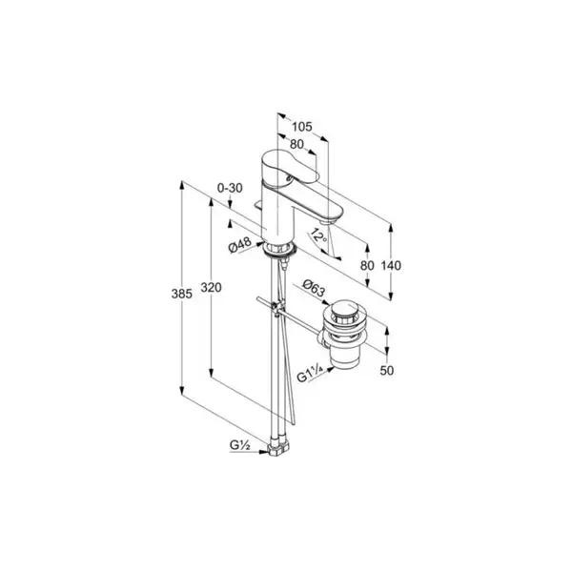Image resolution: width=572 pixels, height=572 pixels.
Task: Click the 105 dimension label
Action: pos(302,127)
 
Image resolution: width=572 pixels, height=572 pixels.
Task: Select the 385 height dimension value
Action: pos(182,294)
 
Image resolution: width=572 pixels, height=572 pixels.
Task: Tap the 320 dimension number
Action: pos(211,288)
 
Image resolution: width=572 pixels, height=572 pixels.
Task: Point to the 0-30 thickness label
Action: pos(230,188)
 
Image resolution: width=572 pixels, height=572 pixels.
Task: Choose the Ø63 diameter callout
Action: pos(314,288)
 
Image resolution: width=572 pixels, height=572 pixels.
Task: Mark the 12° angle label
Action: pos(318,236)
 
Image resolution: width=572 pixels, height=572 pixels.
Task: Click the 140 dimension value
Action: pos(391,266)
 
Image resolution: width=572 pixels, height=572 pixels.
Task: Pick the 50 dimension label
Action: pos(387,371)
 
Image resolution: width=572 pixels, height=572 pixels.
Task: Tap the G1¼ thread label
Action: pos(310,375)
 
